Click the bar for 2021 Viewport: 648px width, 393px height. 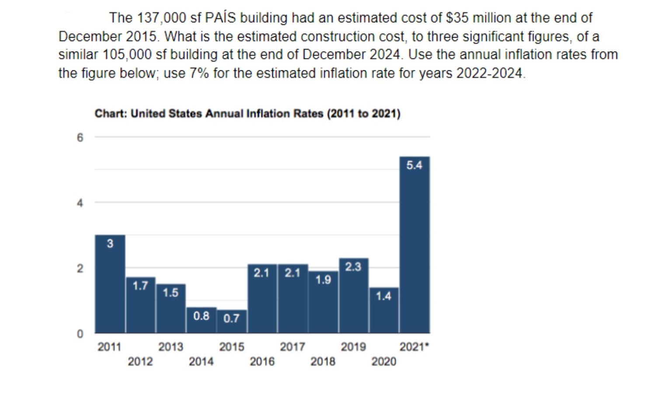(415, 245)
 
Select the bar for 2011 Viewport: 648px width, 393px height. (110, 284)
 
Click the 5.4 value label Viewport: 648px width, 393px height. (414, 165)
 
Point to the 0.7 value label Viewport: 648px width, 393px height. (231, 318)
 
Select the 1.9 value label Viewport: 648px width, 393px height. (323, 280)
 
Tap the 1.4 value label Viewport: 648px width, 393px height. (383, 296)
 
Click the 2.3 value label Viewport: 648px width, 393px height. (353, 267)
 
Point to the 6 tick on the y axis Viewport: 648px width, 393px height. (80, 138)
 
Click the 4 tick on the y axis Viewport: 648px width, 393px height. (80, 203)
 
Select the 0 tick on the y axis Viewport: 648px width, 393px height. (80, 334)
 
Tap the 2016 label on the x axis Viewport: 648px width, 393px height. (262, 362)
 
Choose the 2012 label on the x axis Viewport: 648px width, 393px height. (140, 362)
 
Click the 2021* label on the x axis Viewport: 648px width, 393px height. (414, 347)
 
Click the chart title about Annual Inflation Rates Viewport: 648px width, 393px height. (247, 114)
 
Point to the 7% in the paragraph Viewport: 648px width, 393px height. (199, 73)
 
